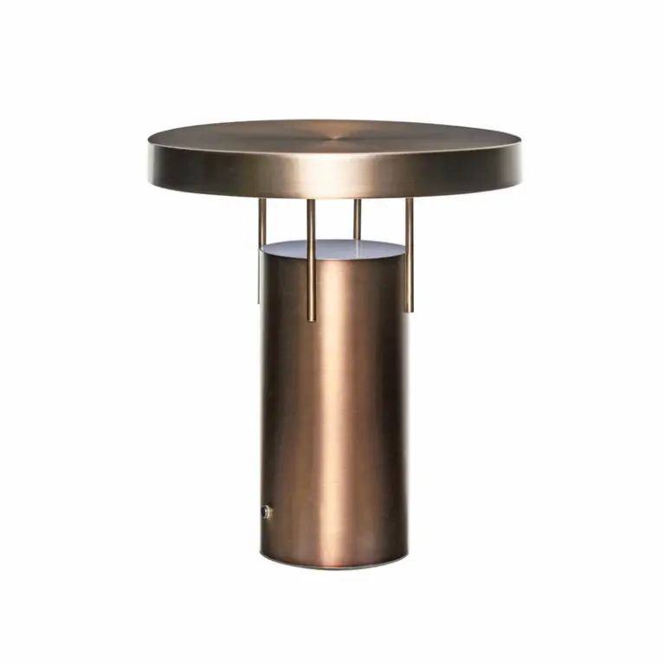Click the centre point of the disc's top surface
pos(335,136)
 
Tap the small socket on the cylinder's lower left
pos(267,512)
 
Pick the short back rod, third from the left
pos(357,220)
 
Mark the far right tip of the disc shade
pos(521,154)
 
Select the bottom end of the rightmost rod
pos(410,310)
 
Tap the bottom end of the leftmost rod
pos(260,301)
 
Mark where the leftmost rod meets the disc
pos(261,200)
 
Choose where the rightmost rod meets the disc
pos(410,199)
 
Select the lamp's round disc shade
pos(335,156)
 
